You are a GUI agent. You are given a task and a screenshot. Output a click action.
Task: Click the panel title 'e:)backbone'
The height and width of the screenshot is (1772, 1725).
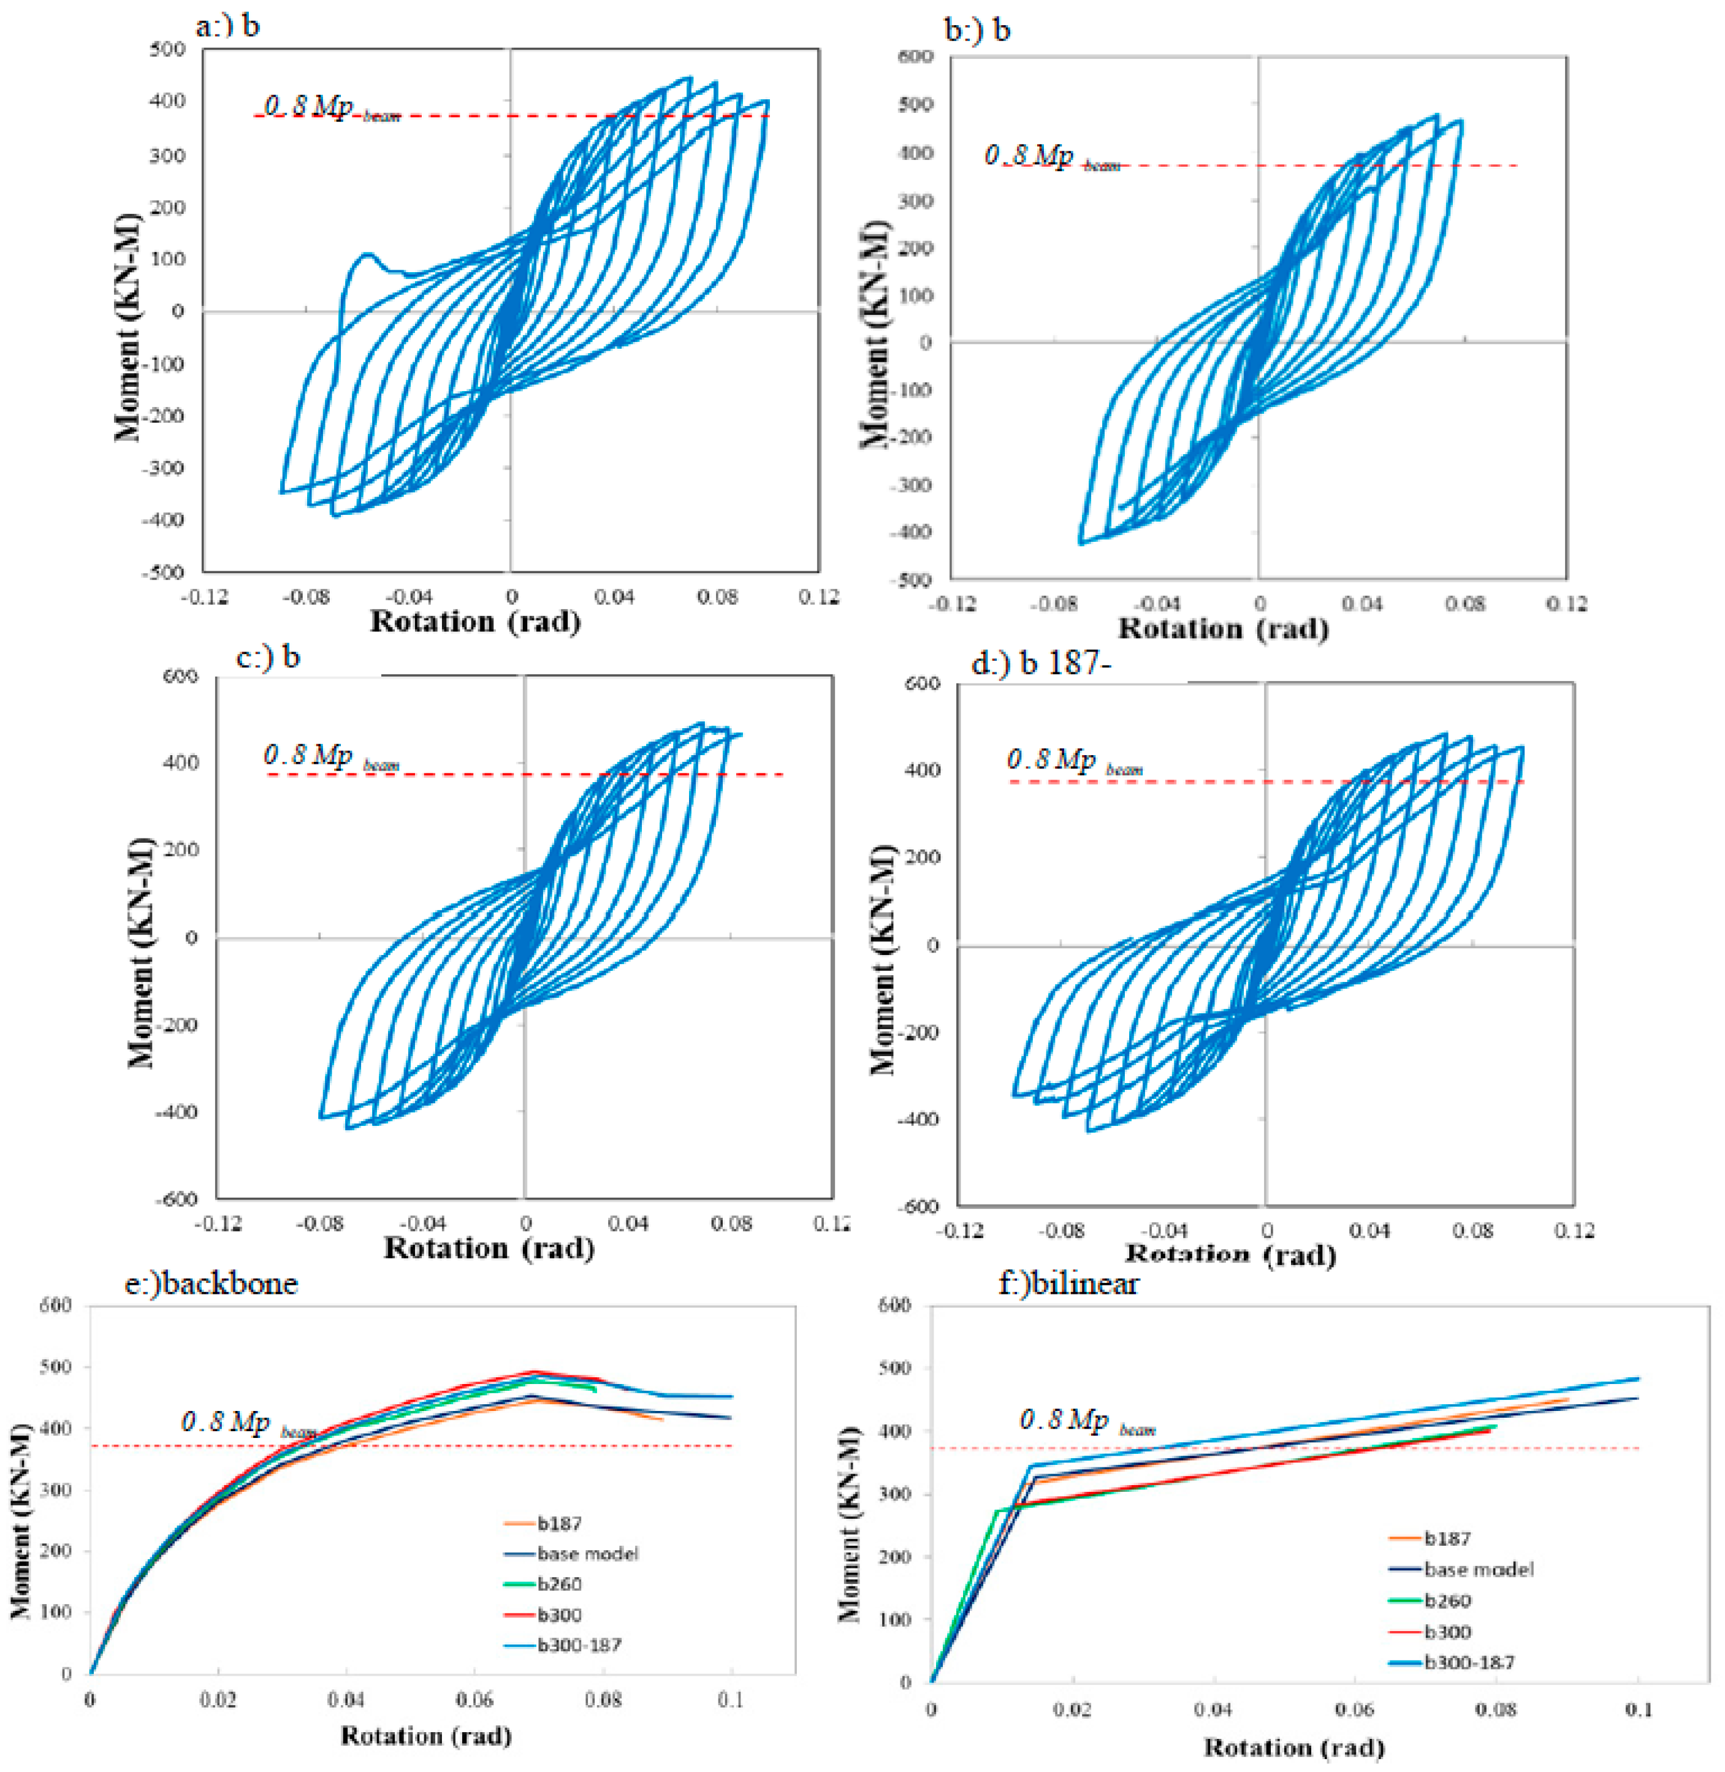point(211,1283)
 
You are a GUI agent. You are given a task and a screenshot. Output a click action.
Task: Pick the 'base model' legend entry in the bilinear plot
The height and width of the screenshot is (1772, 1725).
point(1479,1570)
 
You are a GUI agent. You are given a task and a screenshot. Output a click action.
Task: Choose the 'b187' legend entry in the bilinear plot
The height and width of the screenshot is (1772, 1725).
point(1447,1538)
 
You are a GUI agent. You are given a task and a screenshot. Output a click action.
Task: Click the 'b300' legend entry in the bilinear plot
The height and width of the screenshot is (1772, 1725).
point(1447,1632)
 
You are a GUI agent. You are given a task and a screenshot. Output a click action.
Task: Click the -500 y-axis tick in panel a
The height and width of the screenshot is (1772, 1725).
point(163,572)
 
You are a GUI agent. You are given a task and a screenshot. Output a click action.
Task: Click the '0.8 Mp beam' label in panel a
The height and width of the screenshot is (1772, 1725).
point(330,108)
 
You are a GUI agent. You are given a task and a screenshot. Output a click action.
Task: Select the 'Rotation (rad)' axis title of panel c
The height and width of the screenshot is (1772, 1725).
point(489,1249)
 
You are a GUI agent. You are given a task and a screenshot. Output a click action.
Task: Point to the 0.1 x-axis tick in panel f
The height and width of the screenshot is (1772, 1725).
point(1638,1710)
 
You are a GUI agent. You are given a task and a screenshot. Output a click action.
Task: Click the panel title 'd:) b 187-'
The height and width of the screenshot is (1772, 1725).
point(1041,664)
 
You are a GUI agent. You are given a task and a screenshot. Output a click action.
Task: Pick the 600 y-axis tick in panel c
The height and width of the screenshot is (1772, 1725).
point(180,677)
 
